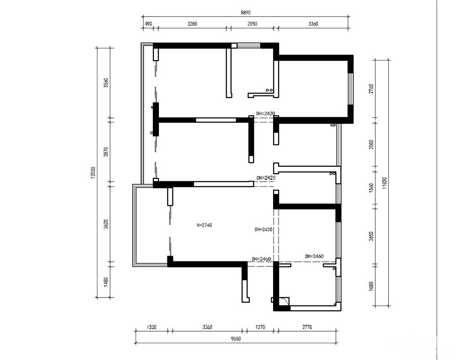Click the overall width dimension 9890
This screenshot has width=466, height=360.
tap(246, 13)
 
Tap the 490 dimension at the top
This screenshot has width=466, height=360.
tap(148, 24)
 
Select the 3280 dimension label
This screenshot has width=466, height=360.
tap(192, 24)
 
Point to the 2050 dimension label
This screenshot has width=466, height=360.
tap(252, 24)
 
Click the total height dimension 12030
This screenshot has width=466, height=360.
tap(93, 172)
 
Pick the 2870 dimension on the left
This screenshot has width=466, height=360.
tap(106, 151)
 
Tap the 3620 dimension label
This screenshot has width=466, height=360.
tap(106, 224)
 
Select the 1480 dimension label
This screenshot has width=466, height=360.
tap(106, 282)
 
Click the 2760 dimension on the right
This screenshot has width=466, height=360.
tap(371, 89)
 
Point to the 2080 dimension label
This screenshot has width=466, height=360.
tap(371, 144)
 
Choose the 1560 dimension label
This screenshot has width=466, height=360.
tap(371, 188)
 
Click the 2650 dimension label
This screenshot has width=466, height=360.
tap(371, 236)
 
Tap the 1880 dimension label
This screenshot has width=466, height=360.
tap(371, 286)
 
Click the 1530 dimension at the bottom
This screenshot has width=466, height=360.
tap(151, 327)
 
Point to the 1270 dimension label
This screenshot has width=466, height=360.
tap(260, 327)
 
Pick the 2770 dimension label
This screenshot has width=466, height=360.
tap(307, 327)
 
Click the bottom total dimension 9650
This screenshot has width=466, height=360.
tap(235, 339)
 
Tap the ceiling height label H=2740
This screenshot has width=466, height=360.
tap(204, 225)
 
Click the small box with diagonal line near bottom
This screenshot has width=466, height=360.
tap(284, 301)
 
